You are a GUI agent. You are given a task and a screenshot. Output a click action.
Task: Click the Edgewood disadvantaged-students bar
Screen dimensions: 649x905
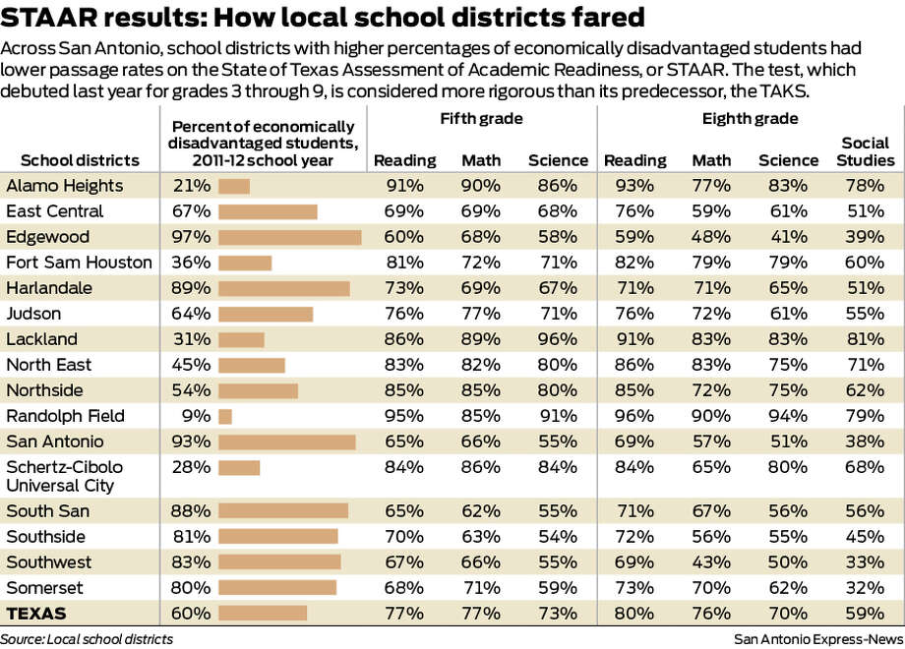(289, 237)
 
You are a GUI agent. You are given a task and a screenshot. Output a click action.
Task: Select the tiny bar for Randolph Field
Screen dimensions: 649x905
(225, 416)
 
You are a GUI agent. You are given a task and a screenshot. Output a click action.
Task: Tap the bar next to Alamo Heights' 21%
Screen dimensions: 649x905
(234, 186)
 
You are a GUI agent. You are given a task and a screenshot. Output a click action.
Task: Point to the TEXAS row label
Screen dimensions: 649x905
(36, 614)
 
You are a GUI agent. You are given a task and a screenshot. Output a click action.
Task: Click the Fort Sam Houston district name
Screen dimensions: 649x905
(79, 263)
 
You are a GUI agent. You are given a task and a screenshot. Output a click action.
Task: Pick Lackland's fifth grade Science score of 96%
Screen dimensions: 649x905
(558, 339)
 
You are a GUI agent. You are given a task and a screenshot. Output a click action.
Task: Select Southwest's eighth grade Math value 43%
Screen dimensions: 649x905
(711, 562)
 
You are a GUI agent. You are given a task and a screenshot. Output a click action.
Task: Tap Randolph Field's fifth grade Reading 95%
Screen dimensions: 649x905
(405, 416)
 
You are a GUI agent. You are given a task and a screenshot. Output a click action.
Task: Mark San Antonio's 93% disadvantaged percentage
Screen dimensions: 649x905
(193, 442)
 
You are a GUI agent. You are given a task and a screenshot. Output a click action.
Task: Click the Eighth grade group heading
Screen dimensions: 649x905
(750, 119)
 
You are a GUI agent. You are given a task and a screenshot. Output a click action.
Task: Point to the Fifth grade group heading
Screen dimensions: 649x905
(481, 119)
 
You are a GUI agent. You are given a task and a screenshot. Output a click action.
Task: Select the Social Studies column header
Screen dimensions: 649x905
(868, 152)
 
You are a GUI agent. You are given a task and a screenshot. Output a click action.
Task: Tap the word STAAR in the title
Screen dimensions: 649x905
(43, 17)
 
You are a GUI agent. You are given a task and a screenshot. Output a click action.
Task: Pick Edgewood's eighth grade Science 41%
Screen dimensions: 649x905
(788, 237)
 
